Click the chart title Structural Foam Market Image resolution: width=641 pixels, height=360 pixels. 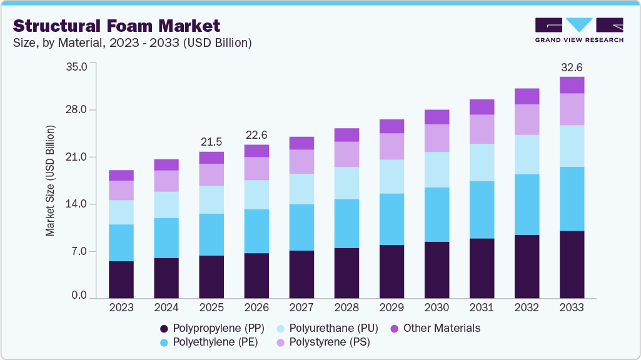coord(116,26)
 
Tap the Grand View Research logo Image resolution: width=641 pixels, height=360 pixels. coord(578,29)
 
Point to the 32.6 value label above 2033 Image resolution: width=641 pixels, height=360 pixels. coord(572,67)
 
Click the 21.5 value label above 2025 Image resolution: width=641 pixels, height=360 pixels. coord(211,142)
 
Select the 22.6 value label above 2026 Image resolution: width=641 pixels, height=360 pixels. coord(256,135)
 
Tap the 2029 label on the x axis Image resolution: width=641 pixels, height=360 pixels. coord(391,307)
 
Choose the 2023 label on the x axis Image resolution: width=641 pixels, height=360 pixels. coord(121,307)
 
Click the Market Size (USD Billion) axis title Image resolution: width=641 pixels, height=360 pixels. coord(50,181)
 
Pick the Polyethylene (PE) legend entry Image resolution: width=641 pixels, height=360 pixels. coord(207,342)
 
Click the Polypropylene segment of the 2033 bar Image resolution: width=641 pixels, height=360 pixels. coord(572,264)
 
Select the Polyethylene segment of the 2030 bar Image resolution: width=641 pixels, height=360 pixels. coord(437,214)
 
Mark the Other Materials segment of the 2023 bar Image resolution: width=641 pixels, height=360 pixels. coord(121,175)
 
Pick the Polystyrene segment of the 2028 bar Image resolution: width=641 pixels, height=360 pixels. coord(346,154)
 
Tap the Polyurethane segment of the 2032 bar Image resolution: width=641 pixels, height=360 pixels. coord(527,154)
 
